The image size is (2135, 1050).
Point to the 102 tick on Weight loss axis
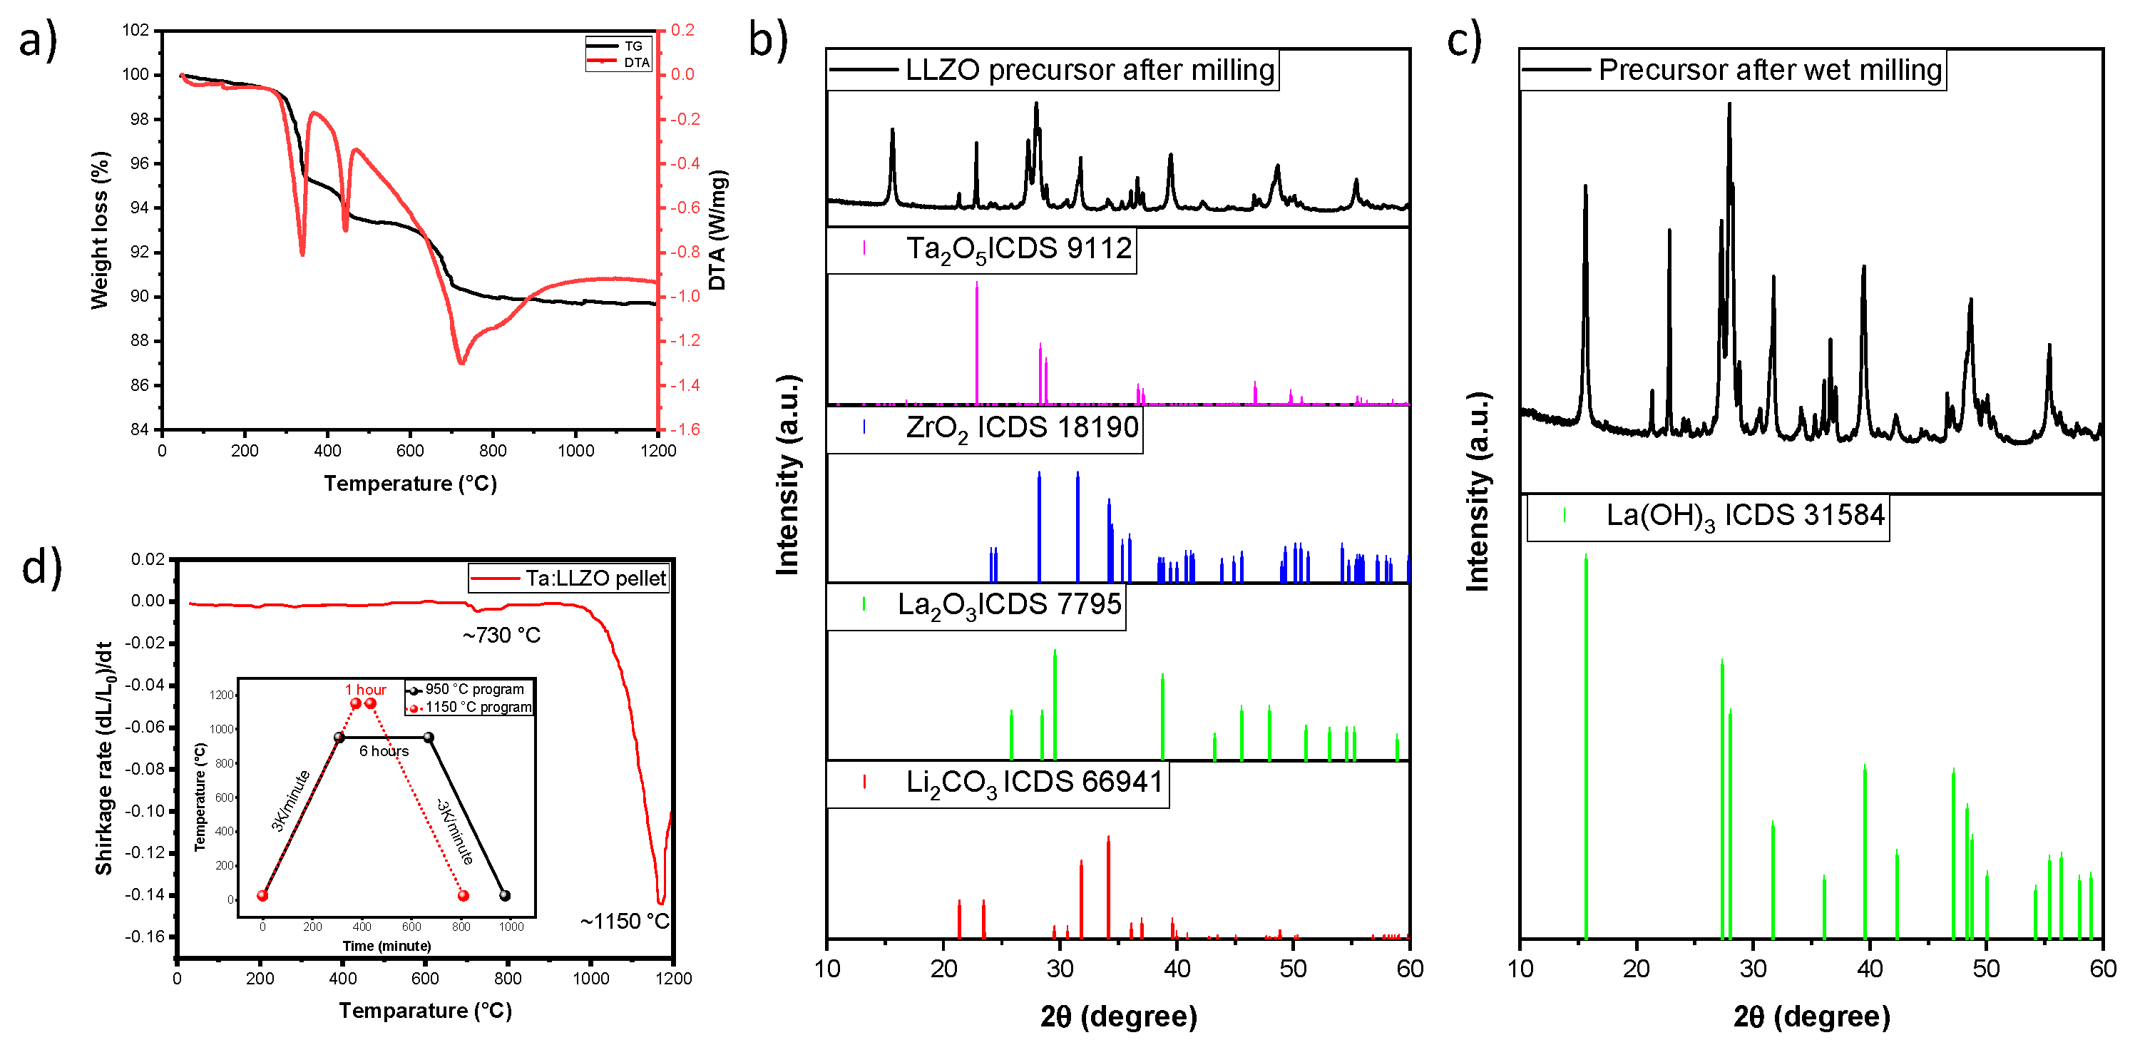tap(136, 31)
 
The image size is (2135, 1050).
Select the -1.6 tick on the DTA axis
tap(685, 429)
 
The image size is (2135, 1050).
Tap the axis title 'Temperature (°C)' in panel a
tap(410, 484)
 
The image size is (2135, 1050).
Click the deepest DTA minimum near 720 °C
tap(461, 362)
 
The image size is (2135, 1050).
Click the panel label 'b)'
tap(768, 40)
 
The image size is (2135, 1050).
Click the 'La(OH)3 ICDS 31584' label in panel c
tap(1745, 516)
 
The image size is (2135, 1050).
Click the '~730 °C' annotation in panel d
tap(501, 636)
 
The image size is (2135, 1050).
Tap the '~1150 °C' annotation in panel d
tap(624, 922)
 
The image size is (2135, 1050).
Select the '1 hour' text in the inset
tap(366, 690)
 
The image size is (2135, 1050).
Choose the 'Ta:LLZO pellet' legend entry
tap(595, 578)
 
